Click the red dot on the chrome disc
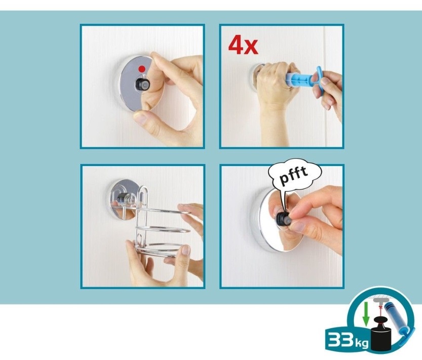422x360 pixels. (142, 69)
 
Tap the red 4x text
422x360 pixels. (243, 46)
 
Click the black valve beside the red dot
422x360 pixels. (141, 84)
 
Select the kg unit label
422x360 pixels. (361, 344)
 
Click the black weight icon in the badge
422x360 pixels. (381, 334)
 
